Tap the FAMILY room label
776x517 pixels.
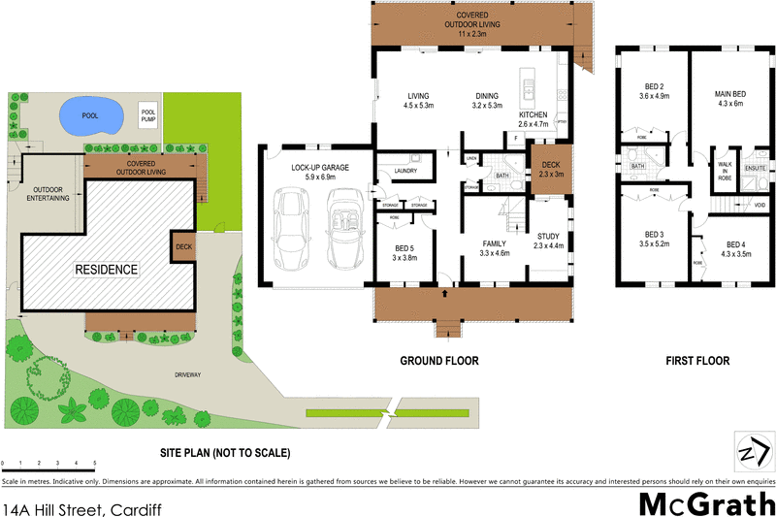tap(495, 244)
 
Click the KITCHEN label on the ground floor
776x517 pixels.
tap(533, 114)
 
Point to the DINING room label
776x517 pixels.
tap(487, 95)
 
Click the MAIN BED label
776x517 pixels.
tap(728, 93)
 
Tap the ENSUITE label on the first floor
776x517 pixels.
tap(756, 168)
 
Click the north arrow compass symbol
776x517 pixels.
tap(753, 451)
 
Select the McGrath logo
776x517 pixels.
tap(704, 503)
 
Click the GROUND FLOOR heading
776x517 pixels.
tap(439, 361)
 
